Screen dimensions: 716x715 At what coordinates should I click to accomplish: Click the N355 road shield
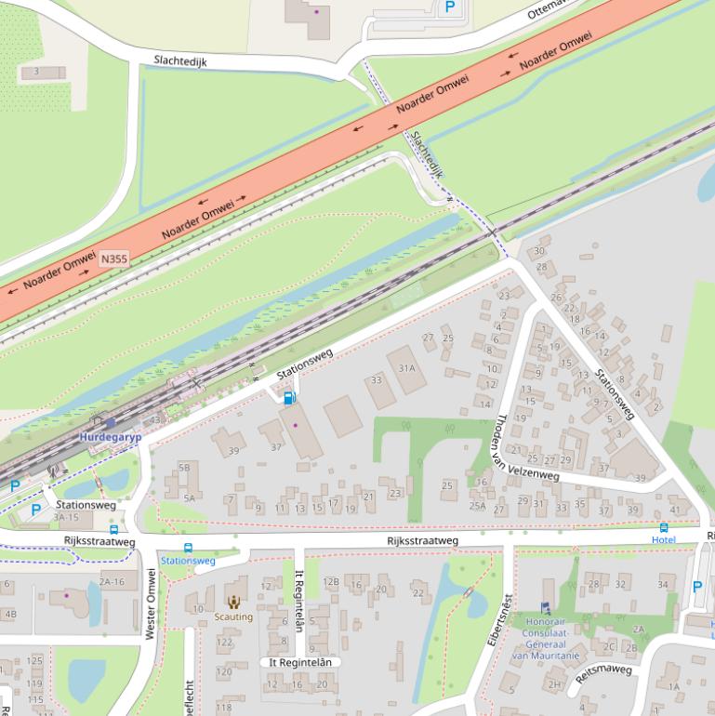tap(113, 259)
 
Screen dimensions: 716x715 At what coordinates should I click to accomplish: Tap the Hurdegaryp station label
tap(109, 435)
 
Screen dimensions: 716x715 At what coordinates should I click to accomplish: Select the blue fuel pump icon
tap(289, 398)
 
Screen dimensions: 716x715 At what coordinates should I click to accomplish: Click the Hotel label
tap(663, 539)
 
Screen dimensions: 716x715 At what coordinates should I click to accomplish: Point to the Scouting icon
tap(233, 603)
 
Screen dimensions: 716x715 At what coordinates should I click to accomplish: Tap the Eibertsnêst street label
tap(499, 620)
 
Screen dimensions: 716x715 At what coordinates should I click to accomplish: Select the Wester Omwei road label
tap(151, 603)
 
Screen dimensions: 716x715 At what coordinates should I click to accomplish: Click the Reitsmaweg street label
tap(603, 673)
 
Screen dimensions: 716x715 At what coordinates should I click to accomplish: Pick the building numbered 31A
tap(406, 368)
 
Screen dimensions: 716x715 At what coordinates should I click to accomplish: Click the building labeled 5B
tap(184, 467)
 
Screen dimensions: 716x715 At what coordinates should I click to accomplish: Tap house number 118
tap(223, 708)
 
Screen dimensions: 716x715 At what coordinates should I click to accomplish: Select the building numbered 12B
tap(331, 582)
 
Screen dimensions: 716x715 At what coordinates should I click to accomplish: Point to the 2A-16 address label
tap(112, 582)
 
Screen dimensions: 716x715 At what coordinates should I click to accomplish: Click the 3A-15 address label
tap(66, 517)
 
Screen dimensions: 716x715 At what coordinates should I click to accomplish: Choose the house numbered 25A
tap(477, 506)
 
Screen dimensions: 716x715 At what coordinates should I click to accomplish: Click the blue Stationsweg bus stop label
tap(188, 561)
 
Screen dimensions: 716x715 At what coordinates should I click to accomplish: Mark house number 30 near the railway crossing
tap(539, 251)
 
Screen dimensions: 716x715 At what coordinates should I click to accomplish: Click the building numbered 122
tap(224, 643)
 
